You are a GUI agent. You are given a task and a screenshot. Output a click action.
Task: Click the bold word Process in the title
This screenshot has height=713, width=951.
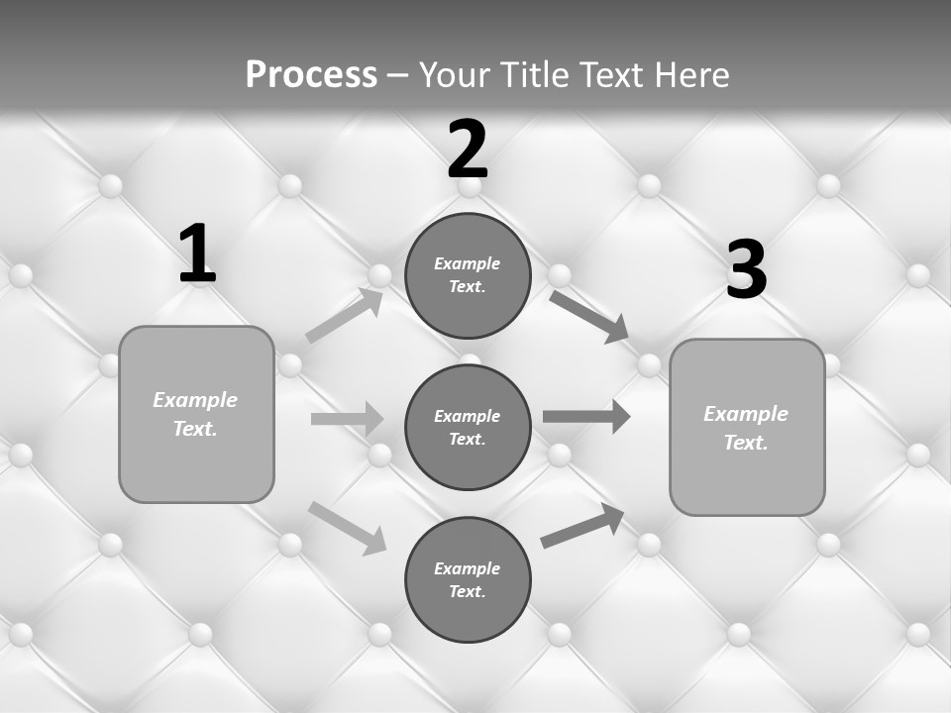click(311, 75)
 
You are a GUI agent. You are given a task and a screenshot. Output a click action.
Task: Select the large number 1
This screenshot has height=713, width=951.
click(197, 255)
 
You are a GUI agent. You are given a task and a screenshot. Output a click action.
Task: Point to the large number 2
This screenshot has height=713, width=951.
click(468, 150)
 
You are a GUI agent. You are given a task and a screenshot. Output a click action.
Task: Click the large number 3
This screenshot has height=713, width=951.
click(746, 270)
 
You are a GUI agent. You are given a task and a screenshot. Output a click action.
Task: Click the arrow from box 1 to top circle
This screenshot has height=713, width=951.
click(345, 316)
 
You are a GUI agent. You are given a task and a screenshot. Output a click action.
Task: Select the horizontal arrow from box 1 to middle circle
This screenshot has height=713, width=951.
click(347, 419)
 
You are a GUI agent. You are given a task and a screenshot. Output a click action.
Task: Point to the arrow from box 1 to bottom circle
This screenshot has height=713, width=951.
click(347, 527)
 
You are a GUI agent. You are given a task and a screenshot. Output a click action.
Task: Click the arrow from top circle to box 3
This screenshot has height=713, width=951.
click(589, 316)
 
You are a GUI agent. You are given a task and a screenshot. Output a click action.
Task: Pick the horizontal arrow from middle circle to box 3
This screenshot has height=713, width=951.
click(586, 416)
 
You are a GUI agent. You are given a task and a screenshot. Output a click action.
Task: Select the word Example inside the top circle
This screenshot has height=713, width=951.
click(468, 263)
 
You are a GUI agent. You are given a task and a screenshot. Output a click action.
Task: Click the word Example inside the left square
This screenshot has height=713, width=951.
click(195, 400)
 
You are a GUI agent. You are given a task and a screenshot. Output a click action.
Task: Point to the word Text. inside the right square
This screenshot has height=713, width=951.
click(746, 443)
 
